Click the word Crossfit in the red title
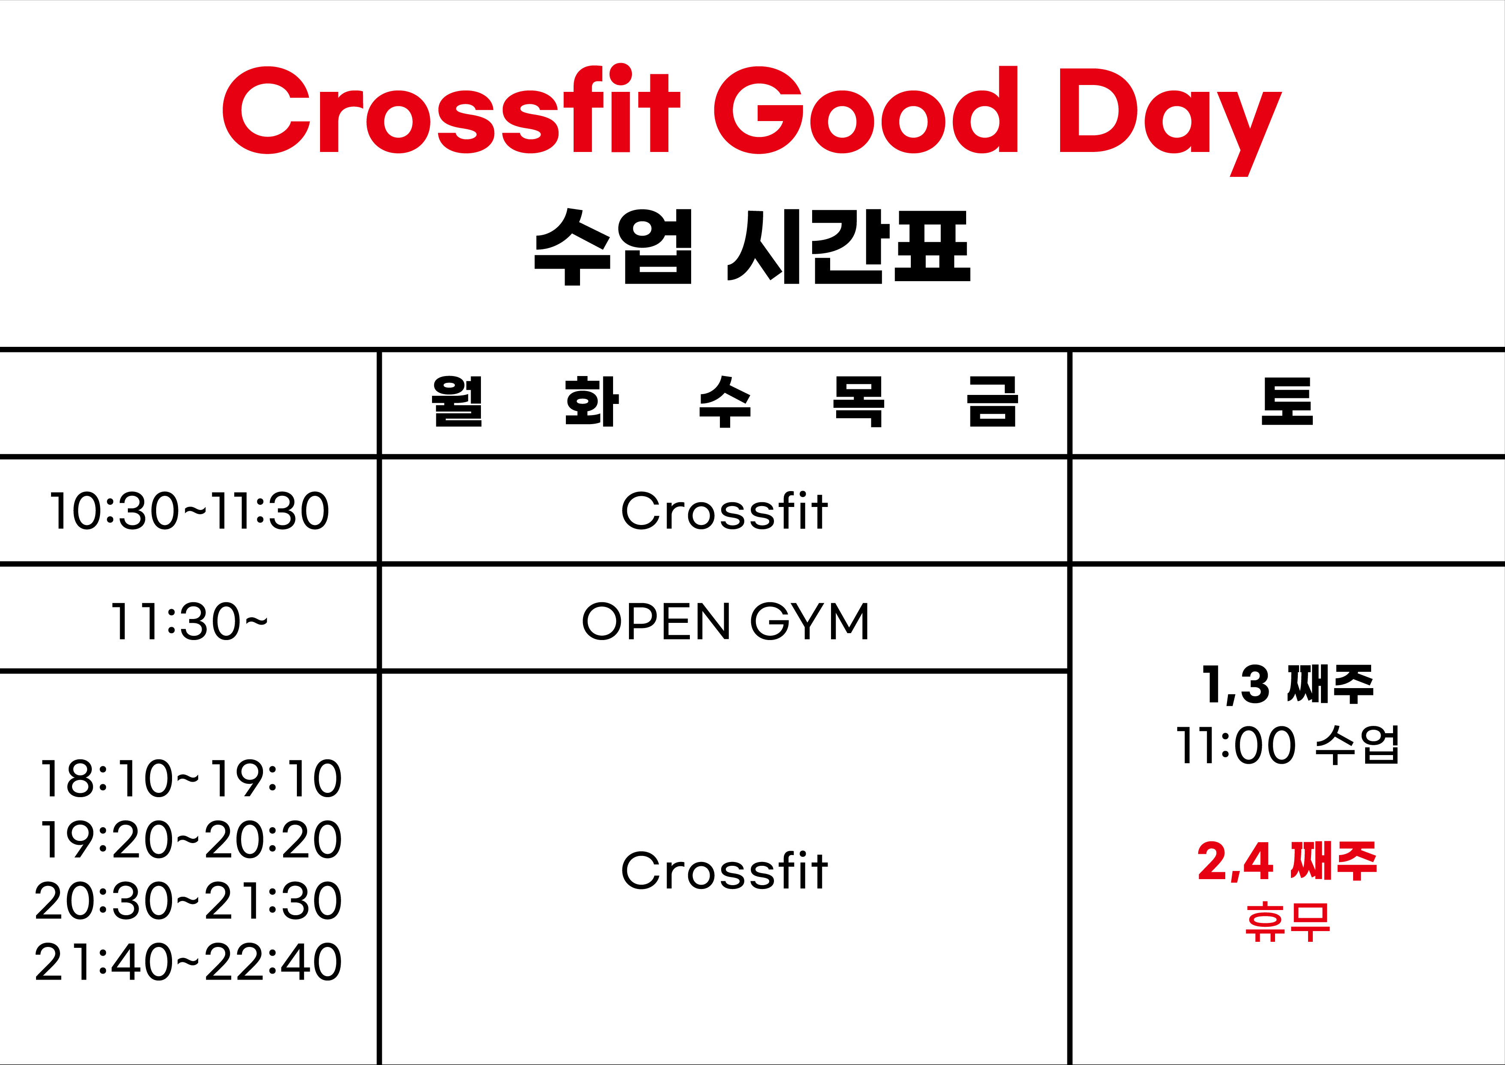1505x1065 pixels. [451, 109]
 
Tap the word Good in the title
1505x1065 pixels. [865, 109]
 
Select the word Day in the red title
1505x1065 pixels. [1170, 122]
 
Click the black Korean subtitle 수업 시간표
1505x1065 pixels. [752, 246]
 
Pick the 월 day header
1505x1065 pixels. [457, 401]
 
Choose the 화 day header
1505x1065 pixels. [591, 401]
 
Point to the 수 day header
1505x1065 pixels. [725, 401]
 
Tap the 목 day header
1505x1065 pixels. [859, 401]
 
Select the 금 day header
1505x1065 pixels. [992, 401]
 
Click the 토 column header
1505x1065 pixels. [1287, 401]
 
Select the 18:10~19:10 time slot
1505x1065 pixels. [190, 778]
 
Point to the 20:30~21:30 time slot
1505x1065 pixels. [189, 901]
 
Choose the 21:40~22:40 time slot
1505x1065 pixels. [189, 962]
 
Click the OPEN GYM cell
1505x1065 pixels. [725, 621]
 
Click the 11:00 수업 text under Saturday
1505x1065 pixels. [1287, 744]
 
